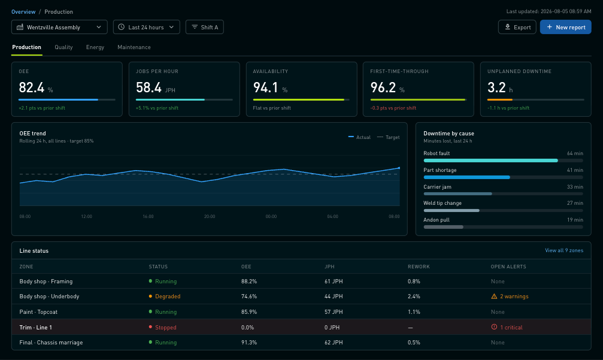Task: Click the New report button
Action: pyautogui.click(x=565, y=27)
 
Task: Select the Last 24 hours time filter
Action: pyautogui.click(x=147, y=27)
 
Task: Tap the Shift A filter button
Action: pyautogui.click(x=205, y=27)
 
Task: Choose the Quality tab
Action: pyautogui.click(x=63, y=47)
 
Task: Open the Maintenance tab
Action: pyautogui.click(x=134, y=47)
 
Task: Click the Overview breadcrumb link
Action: pyautogui.click(x=23, y=11)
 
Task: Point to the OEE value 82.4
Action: pyautogui.click(x=32, y=87)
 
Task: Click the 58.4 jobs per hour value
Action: pyautogui.click(x=149, y=87)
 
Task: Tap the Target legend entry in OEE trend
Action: pyautogui.click(x=389, y=137)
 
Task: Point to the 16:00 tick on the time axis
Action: pyautogui.click(x=148, y=216)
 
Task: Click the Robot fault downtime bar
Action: pyautogui.click(x=490, y=161)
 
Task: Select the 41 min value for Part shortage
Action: pyautogui.click(x=575, y=170)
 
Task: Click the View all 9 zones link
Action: pyautogui.click(x=563, y=250)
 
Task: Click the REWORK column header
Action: pyautogui.click(x=419, y=267)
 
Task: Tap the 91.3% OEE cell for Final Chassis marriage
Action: pyautogui.click(x=249, y=342)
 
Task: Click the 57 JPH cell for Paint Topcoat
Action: pyautogui.click(x=334, y=312)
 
